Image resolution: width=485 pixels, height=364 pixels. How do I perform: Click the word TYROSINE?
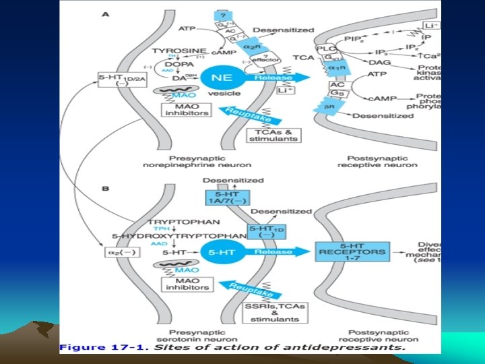[177, 51]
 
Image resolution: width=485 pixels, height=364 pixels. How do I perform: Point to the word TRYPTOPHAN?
[174, 221]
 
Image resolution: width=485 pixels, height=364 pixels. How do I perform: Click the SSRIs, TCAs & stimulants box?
[273, 312]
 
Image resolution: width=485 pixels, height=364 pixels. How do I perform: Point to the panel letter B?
[105, 189]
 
